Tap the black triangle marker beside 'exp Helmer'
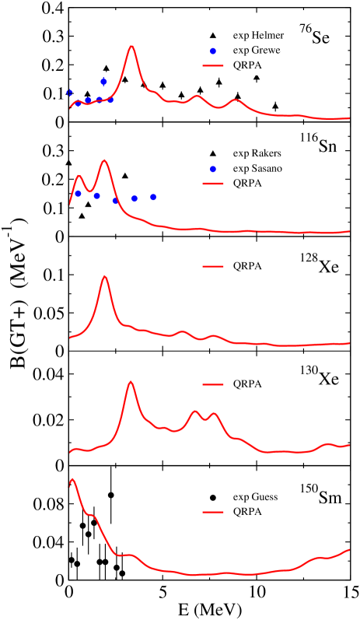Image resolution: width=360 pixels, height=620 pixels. (212, 35)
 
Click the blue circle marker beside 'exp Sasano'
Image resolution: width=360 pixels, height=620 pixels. (212, 169)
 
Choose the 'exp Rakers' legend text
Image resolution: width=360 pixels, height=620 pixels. (257, 153)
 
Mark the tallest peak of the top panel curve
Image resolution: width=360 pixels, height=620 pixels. (131, 46)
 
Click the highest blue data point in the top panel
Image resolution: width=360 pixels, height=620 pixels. (103, 82)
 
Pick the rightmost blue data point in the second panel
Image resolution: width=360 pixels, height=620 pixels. (153, 197)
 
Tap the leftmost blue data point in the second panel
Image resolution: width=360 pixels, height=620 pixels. (79, 194)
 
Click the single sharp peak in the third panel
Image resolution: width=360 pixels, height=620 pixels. (104, 276)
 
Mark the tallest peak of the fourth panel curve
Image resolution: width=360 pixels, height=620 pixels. (131, 381)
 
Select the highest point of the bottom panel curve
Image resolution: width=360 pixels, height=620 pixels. (72, 479)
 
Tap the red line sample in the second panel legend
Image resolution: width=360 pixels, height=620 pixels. (212, 184)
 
